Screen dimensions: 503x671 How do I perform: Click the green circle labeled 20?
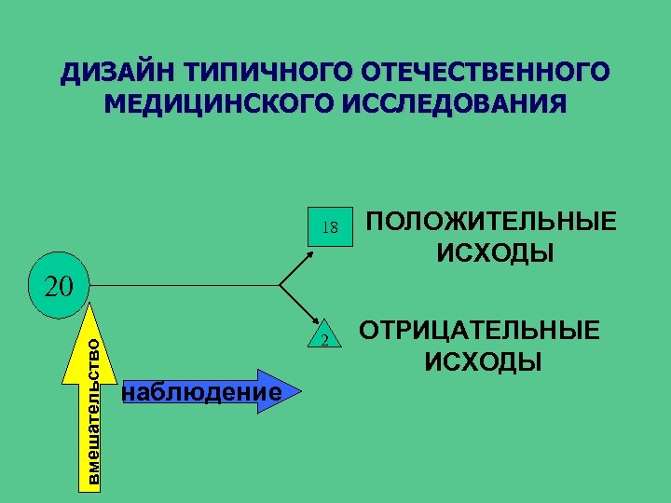[58, 284]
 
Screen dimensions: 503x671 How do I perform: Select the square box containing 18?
[330, 226]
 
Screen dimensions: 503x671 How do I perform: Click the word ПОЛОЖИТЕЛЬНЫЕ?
[491, 223]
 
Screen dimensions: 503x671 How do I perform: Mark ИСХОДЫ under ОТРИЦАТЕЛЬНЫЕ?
[484, 361]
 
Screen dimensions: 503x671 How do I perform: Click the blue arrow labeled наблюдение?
[200, 392]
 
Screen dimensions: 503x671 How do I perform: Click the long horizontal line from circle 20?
[186, 284]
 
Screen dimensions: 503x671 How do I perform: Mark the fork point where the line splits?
[281, 284]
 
